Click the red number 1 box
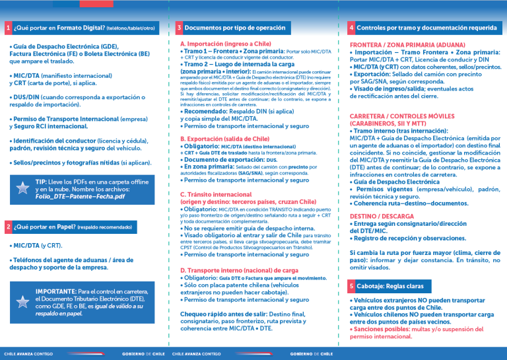pos(8,28)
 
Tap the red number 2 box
pos(8,227)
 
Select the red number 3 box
pos(180,28)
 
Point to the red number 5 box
pos(351,286)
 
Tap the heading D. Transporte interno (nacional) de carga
pos(239,270)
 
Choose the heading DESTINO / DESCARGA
pos(382,216)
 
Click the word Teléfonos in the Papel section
pos(29,260)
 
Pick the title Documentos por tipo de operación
pos(235,28)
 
